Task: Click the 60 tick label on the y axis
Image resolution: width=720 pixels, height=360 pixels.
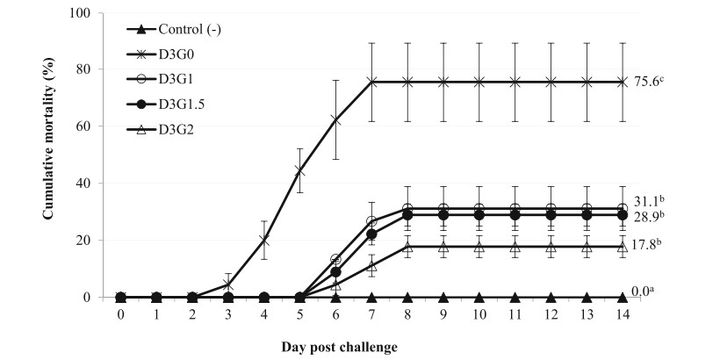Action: pyautogui.click(x=85, y=126)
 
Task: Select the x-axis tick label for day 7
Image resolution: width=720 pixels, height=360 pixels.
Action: pyautogui.click(x=371, y=313)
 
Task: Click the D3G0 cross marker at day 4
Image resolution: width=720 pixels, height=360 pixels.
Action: pyautogui.click(x=264, y=239)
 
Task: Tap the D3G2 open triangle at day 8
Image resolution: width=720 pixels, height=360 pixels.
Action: pyautogui.click(x=407, y=247)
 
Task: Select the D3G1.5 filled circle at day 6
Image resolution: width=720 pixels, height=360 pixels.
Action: pyautogui.click(x=335, y=271)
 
